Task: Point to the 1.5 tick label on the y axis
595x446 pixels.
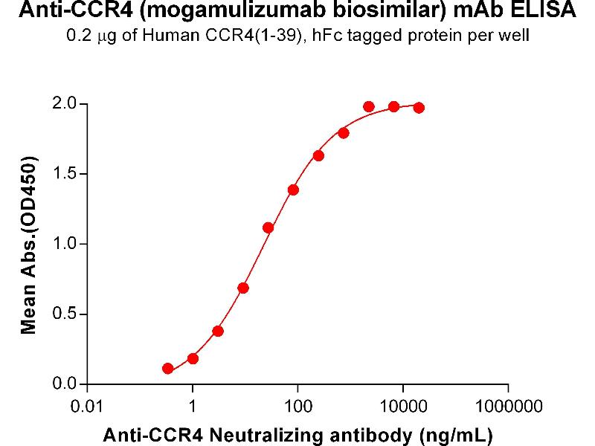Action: pyautogui.click(x=65, y=174)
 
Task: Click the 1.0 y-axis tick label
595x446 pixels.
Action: pyautogui.click(x=65, y=244)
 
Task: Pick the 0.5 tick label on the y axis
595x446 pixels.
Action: pyautogui.click(x=65, y=314)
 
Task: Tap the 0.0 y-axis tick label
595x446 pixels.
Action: pyautogui.click(x=65, y=384)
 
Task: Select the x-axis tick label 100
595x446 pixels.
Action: pyautogui.click(x=297, y=407)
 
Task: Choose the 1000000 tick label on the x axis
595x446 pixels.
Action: pyautogui.click(x=508, y=407)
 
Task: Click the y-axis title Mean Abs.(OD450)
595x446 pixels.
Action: pyautogui.click(x=30, y=245)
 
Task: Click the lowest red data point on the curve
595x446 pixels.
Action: pyautogui.click(x=168, y=369)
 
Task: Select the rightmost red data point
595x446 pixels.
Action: pyautogui.click(x=419, y=108)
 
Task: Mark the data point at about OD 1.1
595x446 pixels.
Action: pyautogui.click(x=268, y=227)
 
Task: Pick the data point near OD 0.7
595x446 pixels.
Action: pyautogui.click(x=243, y=288)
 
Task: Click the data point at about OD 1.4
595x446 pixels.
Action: pyautogui.click(x=293, y=190)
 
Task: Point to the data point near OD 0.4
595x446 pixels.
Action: pyautogui.click(x=218, y=331)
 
